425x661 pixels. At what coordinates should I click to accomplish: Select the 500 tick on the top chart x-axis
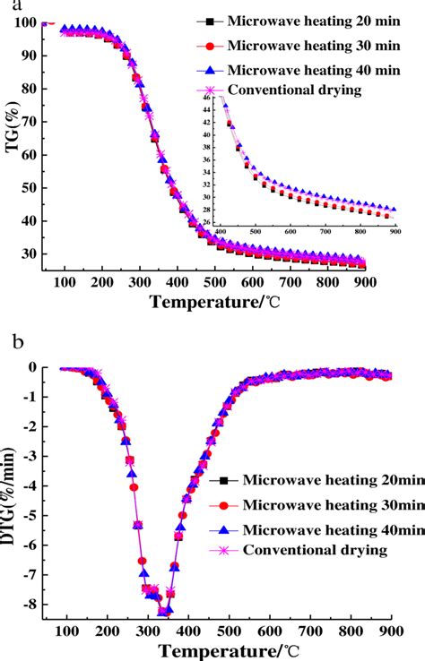215,283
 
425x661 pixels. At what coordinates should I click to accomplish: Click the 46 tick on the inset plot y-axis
208,96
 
